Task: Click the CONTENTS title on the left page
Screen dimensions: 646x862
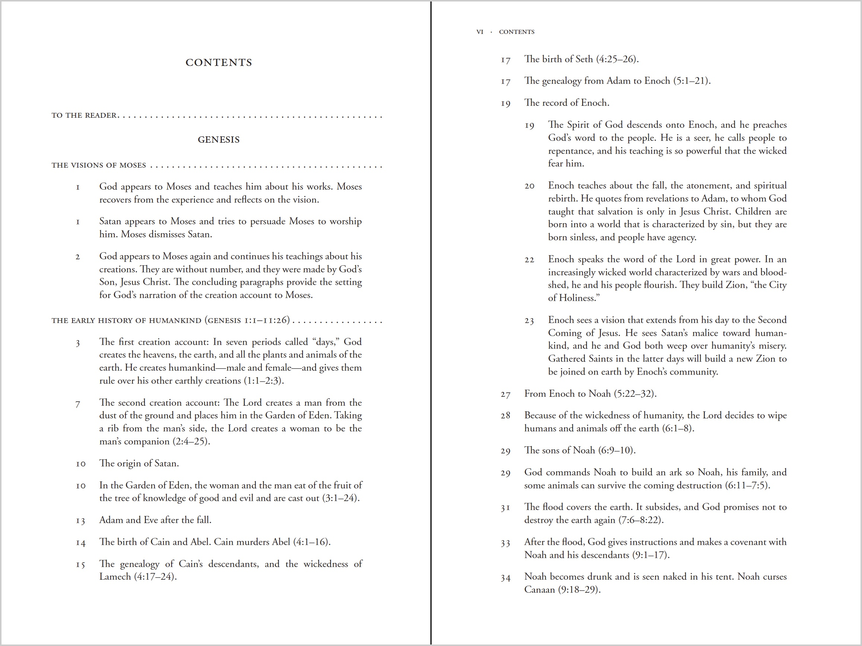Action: coord(218,63)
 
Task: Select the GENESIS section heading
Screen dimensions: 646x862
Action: coord(218,140)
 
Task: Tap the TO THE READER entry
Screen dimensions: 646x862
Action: coord(84,115)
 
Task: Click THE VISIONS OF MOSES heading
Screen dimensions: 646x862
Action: coord(99,165)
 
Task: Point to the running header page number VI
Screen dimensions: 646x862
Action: coord(480,32)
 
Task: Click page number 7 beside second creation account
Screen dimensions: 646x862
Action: coord(78,404)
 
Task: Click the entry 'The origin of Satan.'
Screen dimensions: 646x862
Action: coord(139,463)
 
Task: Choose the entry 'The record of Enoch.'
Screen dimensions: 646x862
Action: coord(566,102)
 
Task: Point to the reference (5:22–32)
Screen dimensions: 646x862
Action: coord(635,394)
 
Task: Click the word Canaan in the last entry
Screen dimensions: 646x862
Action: coord(539,589)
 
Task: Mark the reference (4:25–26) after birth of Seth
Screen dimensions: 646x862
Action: coord(617,59)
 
